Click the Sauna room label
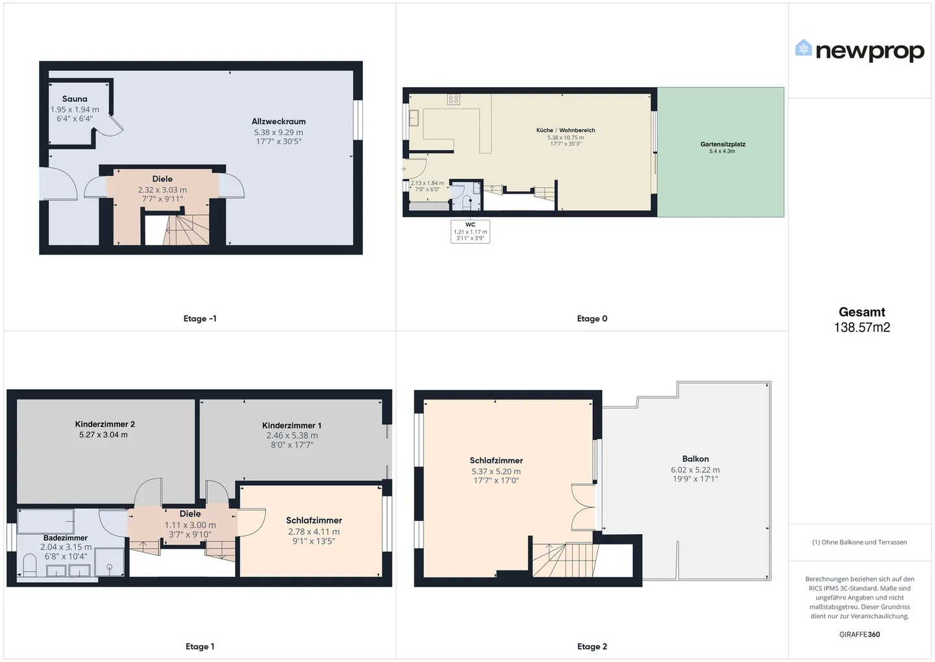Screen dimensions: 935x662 coord(75,99)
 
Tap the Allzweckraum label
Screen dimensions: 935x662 coord(279,121)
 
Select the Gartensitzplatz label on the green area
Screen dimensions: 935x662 coord(723,144)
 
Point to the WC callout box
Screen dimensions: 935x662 coord(470,231)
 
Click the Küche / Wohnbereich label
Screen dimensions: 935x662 coord(566,131)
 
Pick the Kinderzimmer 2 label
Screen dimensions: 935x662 coord(105,424)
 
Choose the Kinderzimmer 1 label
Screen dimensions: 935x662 coord(292,425)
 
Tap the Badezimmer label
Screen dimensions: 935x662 coord(66,538)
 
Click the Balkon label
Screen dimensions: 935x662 coord(695,459)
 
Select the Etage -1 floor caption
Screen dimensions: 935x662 coord(200,319)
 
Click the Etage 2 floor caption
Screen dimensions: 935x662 coord(592,646)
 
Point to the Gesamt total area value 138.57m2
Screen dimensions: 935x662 coord(862,327)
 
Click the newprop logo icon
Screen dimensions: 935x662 coord(803,47)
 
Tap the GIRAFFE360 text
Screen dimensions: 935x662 coord(860,635)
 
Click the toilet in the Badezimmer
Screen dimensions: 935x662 coord(30,565)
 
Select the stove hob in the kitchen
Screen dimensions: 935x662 coord(454,99)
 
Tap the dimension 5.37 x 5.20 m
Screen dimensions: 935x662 coord(496,471)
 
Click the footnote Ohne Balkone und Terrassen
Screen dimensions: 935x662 coord(860,542)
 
